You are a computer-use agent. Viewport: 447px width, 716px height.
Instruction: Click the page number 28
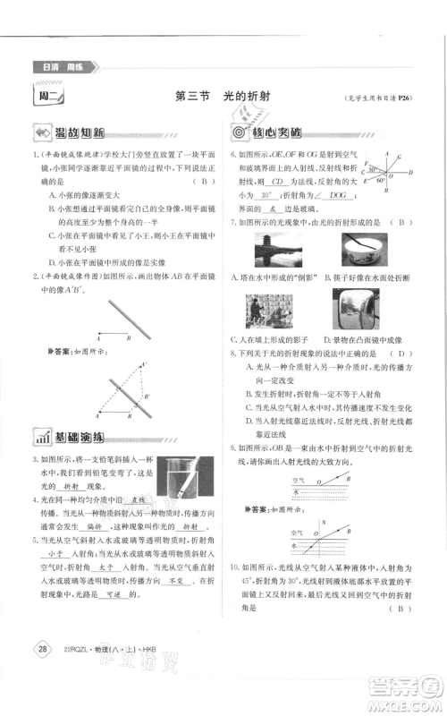pos(39,647)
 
